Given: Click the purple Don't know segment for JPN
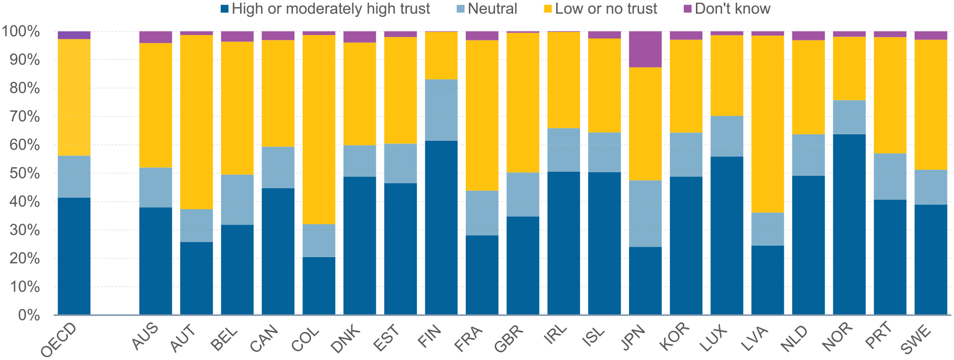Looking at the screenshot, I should pyautogui.click(x=645, y=49).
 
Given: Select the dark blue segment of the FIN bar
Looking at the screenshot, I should pyautogui.click(x=441, y=227).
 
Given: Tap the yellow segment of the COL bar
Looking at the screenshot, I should pyautogui.click(x=318, y=129).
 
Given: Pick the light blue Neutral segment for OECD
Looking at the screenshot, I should pyautogui.click(x=74, y=176).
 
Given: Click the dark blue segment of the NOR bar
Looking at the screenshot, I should pyautogui.click(x=849, y=224).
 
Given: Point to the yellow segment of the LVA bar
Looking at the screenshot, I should pyautogui.click(x=767, y=124).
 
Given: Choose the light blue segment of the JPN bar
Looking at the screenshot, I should pyautogui.click(x=645, y=213).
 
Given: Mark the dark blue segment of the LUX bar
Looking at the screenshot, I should pyautogui.click(x=727, y=235).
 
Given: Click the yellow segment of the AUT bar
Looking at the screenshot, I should pyautogui.click(x=196, y=122).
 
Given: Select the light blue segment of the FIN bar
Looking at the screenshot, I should pyautogui.click(x=441, y=110).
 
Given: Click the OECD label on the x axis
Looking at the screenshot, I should pyautogui.click(x=59, y=340).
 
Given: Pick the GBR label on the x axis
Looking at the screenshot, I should pyautogui.click(x=509, y=338).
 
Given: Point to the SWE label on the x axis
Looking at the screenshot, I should pyautogui.click(x=917, y=338).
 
